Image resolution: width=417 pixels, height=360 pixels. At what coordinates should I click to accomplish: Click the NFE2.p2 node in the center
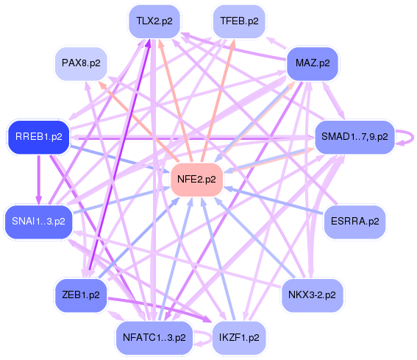pyautogui.click(x=196, y=180)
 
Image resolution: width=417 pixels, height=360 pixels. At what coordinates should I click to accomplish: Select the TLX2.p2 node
pyautogui.click(x=154, y=21)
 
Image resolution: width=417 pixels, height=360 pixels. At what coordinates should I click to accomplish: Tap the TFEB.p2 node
pyautogui.click(x=239, y=21)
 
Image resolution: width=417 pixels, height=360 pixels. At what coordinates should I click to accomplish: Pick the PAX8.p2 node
pyautogui.click(x=81, y=63)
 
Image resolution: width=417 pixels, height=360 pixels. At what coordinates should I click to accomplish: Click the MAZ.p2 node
pyautogui.click(x=313, y=63)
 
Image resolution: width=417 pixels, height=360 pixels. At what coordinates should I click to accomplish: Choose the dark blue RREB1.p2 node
pyautogui.click(x=39, y=137)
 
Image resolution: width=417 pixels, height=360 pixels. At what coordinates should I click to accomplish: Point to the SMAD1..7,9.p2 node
pyautogui.click(x=354, y=137)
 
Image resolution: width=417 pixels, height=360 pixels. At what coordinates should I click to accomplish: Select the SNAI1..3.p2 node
pyautogui.click(x=38, y=222)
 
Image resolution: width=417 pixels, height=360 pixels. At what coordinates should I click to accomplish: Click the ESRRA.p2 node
pyautogui.click(x=354, y=222)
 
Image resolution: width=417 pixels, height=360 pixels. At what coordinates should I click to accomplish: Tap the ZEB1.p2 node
pyautogui.click(x=81, y=295)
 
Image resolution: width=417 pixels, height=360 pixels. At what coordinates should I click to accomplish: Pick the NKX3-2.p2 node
pyautogui.click(x=312, y=295)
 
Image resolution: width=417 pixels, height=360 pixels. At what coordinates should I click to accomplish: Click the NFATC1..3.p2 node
pyautogui.click(x=154, y=338)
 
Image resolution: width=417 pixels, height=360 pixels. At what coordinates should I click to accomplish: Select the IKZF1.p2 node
pyautogui.click(x=239, y=338)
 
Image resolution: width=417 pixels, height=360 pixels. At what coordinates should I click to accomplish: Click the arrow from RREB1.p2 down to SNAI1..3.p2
pyautogui.click(x=39, y=180)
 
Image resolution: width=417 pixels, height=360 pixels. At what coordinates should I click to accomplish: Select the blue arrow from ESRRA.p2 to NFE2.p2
pyautogui.click(x=274, y=200)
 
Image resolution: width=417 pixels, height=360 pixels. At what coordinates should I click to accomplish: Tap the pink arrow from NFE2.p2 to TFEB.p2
pyautogui.click(x=218, y=101)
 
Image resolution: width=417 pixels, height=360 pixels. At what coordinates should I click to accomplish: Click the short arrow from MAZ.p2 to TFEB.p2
pyautogui.click(x=276, y=43)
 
